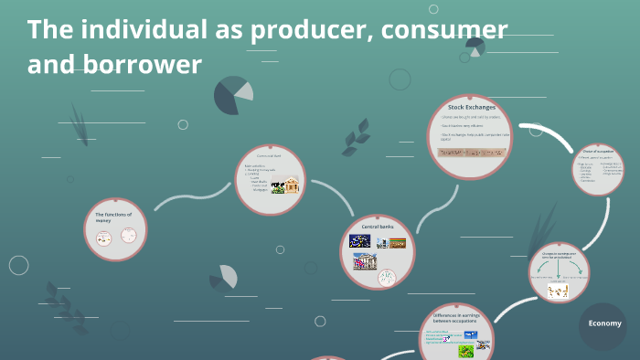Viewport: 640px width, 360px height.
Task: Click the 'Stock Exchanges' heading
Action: (471, 108)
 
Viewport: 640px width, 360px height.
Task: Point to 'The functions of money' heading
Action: (114, 217)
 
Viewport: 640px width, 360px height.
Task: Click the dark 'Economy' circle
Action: (604, 323)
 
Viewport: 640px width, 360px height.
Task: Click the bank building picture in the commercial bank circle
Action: (292, 186)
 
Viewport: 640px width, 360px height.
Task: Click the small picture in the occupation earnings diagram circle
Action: (558, 291)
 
